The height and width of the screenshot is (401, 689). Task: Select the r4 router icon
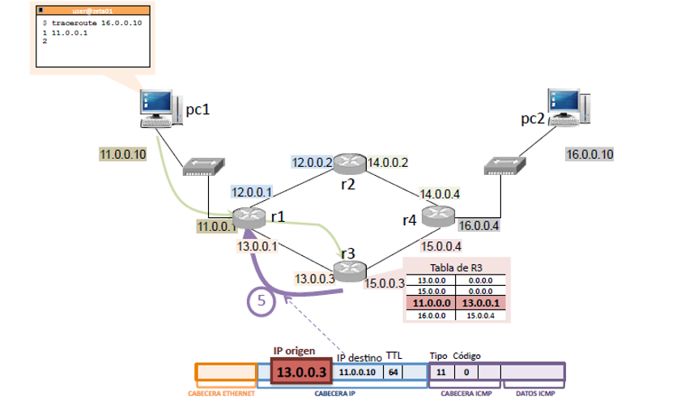click(438, 215)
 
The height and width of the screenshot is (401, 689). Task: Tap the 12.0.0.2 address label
click(313, 163)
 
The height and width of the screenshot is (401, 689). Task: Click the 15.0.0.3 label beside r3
click(385, 283)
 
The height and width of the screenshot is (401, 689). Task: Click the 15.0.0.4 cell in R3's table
click(480, 316)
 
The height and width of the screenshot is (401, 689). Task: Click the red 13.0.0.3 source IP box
click(302, 372)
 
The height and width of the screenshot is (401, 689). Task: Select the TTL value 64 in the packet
click(392, 372)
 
